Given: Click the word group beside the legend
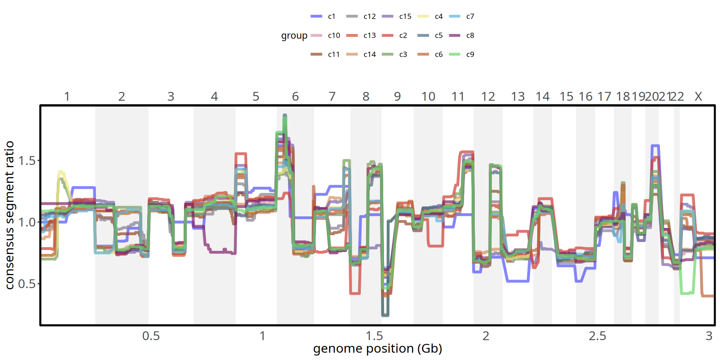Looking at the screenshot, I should (294, 36).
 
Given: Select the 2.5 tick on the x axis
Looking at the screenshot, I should (597, 336).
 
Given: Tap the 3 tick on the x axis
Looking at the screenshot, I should (709, 336).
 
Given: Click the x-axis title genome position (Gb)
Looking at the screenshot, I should (378, 349).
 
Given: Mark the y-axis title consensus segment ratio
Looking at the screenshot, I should (10, 215).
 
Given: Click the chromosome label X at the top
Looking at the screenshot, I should (698, 97).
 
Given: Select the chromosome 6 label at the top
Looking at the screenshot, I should (295, 97).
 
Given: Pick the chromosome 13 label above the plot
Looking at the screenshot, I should (518, 97).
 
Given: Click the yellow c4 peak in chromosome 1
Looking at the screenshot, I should (61, 172).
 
